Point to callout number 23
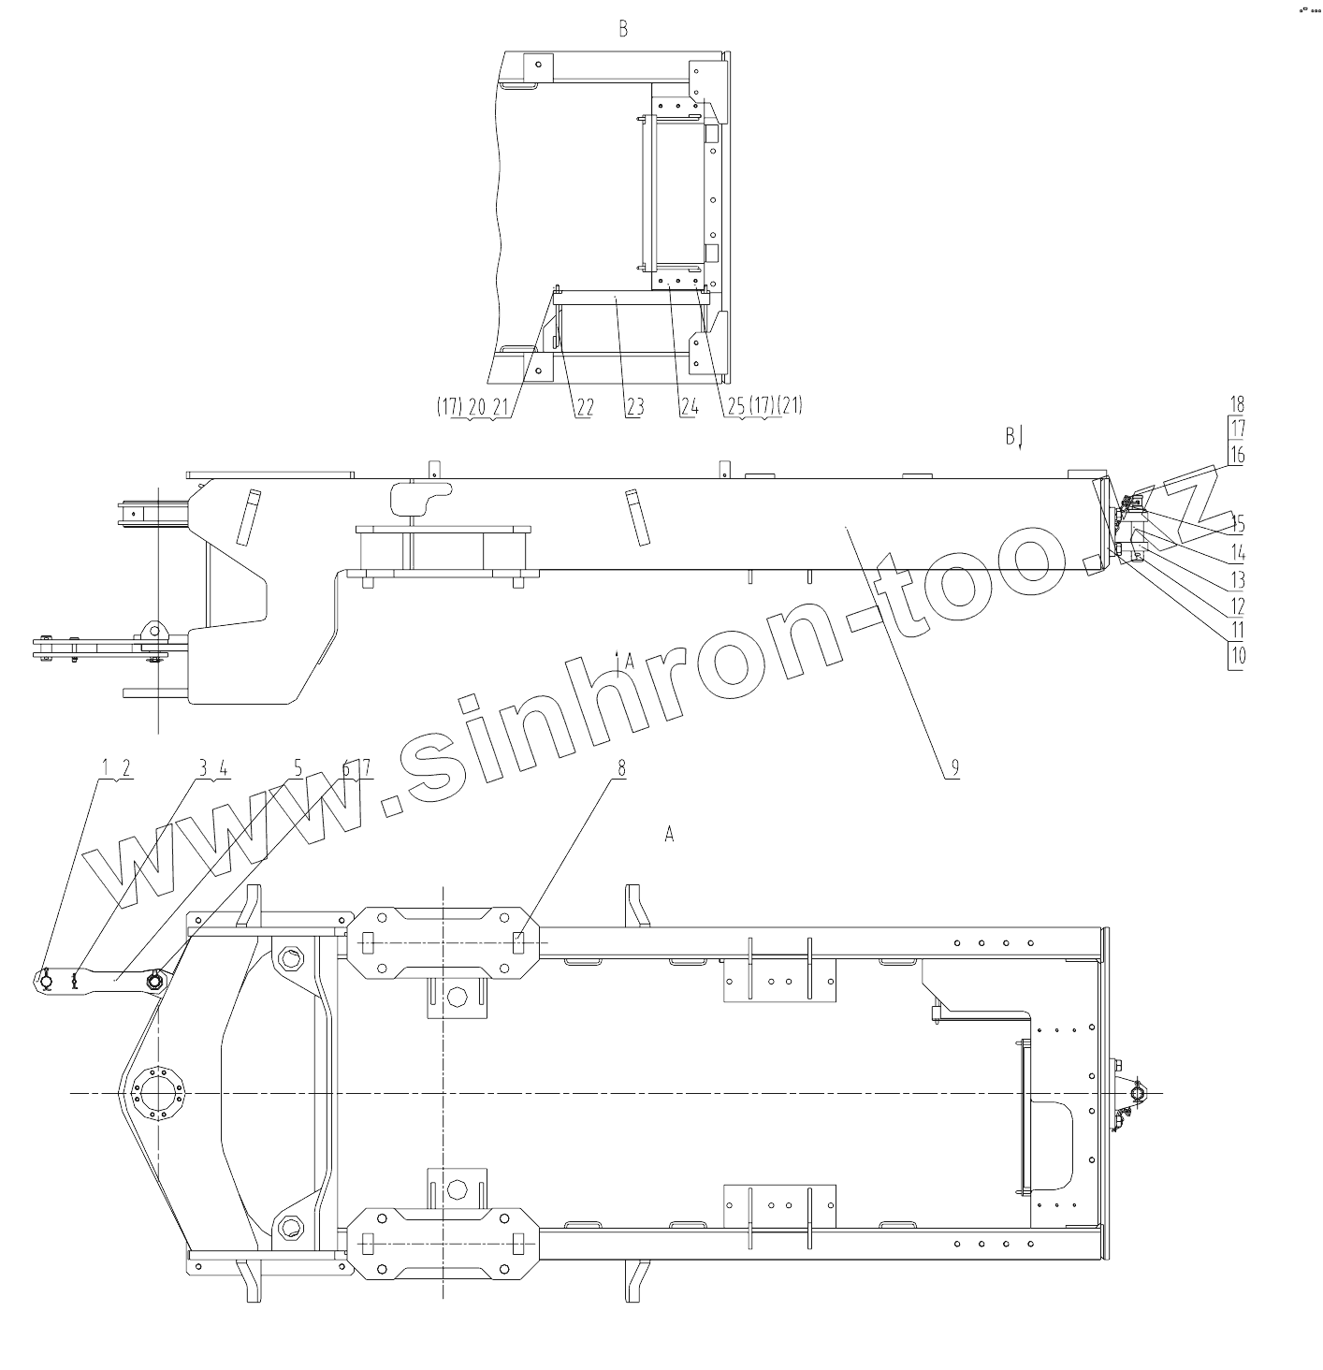pos(634,407)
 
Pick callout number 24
pos(689,407)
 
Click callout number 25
pos(736,406)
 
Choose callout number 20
pos(477,407)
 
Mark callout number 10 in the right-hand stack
pos(1236,655)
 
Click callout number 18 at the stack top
pos(1236,404)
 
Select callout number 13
pos(1236,580)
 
